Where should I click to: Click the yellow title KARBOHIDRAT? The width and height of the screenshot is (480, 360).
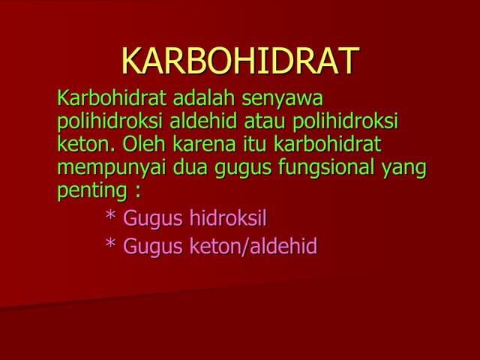pos(240,61)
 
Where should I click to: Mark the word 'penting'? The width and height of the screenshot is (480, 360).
pos(88,191)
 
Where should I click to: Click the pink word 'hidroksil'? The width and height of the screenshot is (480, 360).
pos(228,219)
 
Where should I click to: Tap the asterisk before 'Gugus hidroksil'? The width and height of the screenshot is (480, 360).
pos(110,217)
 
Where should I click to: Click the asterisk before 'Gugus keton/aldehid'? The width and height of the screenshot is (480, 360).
pos(110,244)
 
